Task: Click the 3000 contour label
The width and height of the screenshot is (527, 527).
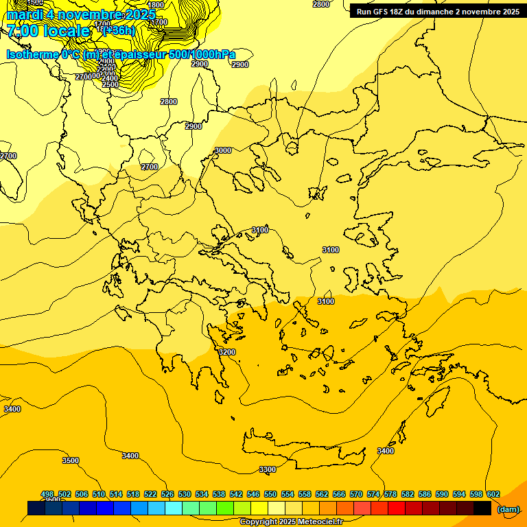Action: pyautogui.click(x=223, y=150)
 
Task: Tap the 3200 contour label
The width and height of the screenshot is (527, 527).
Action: pyautogui.click(x=226, y=352)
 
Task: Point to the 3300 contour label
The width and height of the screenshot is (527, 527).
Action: pyautogui.click(x=268, y=469)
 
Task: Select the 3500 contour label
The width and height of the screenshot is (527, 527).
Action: pyautogui.click(x=71, y=460)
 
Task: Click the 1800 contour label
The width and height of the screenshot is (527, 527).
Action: pyautogui.click(x=156, y=5)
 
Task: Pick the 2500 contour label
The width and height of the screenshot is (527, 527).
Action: pyautogui.click(x=110, y=84)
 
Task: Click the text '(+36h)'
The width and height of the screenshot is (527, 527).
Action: pyautogui.click(x=119, y=30)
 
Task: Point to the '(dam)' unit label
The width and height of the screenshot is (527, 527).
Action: pyautogui.click(x=508, y=508)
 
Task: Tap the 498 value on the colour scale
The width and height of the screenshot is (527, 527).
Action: pyautogui.click(x=47, y=494)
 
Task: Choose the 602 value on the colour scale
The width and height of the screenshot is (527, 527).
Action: pyautogui.click(x=493, y=494)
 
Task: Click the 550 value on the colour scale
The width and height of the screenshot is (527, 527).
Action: pyautogui.click(x=270, y=494)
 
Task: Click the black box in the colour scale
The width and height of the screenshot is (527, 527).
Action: pyautogui.click(x=482, y=508)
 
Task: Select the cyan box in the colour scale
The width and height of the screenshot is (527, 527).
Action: pyautogui.click(x=174, y=508)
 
